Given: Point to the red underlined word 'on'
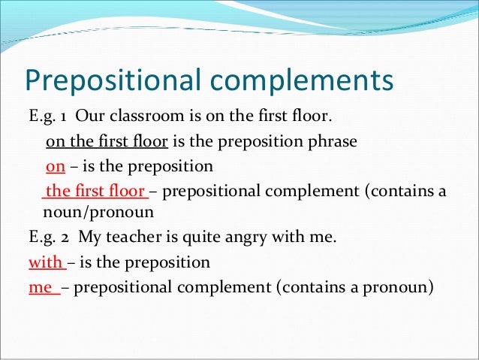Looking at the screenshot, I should pyautogui.click(x=55, y=166).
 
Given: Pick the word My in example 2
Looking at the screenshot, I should pyautogui.click(x=90, y=238).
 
